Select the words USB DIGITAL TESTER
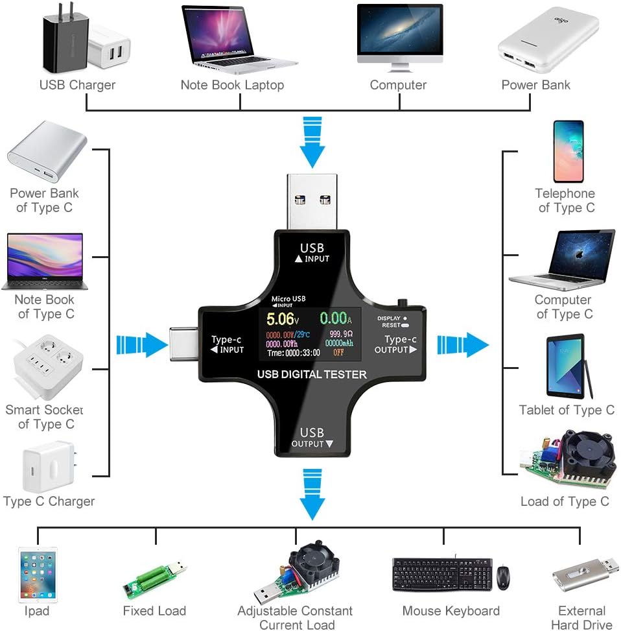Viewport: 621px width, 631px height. click(x=312, y=374)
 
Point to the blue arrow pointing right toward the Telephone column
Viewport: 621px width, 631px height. click(x=463, y=344)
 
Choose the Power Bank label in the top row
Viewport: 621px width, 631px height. click(x=535, y=85)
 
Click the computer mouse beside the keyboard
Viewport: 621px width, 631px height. click(x=503, y=577)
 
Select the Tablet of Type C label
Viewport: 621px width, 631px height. click(x=567, y=410)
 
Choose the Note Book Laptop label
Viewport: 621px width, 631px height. click(x=232, y=85)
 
